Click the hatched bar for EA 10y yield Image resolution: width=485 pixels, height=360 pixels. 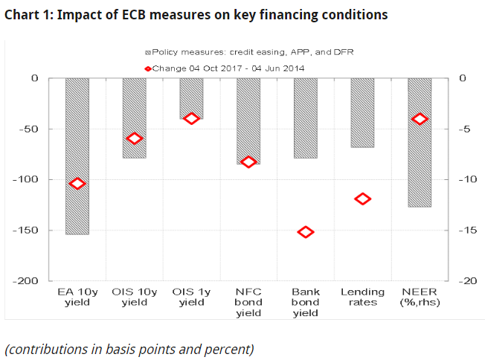(x=77, y=156)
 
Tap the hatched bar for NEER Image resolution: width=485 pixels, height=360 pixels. (x=420, y=142)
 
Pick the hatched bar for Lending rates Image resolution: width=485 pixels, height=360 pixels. (x=362, y=112)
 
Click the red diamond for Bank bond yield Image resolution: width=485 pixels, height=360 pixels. (x=306, y=232)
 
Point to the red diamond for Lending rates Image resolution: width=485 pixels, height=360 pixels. (x=363, y=199)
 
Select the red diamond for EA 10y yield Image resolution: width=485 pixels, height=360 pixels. (x=77, y=184)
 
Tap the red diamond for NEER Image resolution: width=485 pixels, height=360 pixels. (x=420, y=119)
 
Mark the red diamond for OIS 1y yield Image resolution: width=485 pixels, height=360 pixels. (x=191, y=119)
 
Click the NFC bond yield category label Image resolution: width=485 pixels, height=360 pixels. (x=248, y=302)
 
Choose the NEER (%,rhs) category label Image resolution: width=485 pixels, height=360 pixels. (x=420, y=297)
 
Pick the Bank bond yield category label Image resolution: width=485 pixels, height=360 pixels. (x=306, y=302)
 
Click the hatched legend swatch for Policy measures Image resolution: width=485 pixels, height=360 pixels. (x=148, y=53)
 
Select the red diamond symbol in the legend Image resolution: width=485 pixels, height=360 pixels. (x=147, y=68)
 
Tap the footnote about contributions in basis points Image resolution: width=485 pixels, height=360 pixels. (x=129, y=348)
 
